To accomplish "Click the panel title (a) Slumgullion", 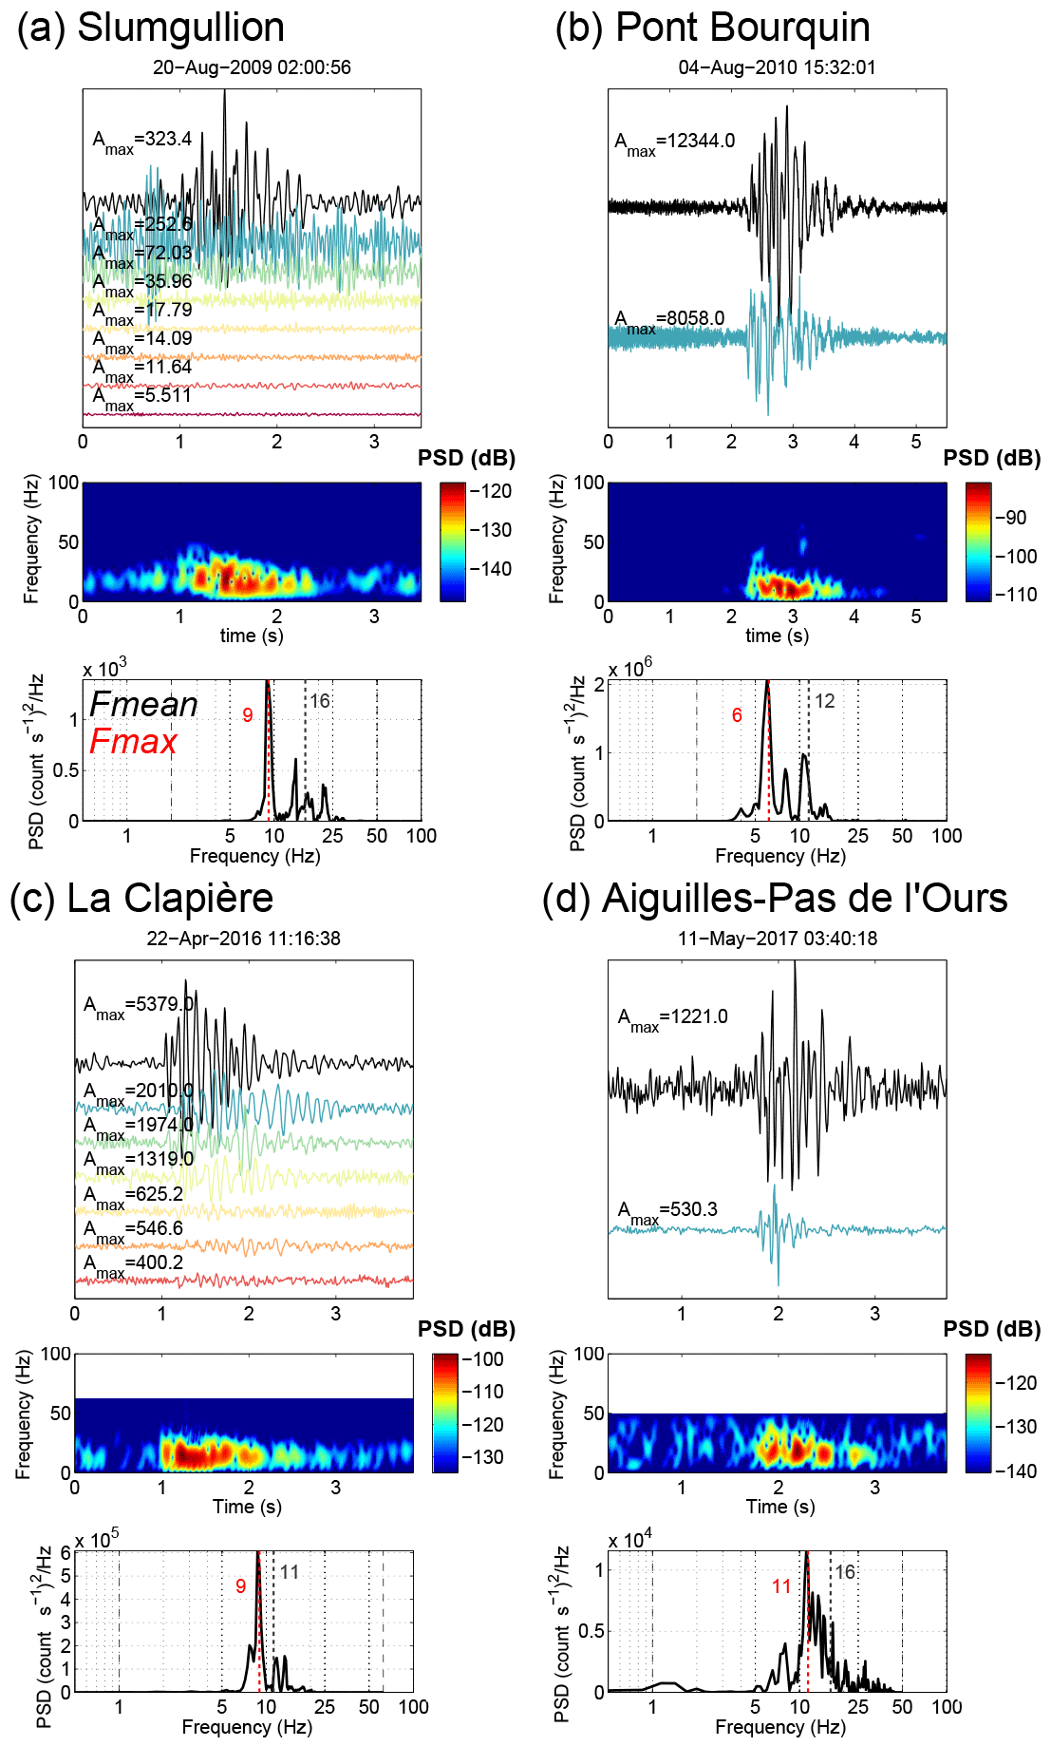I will (x=151, y=28).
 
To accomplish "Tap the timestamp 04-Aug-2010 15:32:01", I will (x=777, y=67).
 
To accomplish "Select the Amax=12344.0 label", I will (x=674, y=142).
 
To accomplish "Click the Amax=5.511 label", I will (x=142, y=397).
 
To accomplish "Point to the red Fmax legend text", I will (x=133, y=742).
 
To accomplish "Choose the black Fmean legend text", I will (x=143, y=705).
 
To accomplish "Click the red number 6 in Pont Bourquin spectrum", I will (x=737, y=715).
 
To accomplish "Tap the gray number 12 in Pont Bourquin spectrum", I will (x=825, y=701).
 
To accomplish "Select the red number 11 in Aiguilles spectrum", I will (x=781, y=1586).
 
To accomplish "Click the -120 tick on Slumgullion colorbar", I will (x=492, y=491).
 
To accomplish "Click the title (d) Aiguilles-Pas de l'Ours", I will (x=774, y=899).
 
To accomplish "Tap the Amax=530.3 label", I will (x=667, y=1211).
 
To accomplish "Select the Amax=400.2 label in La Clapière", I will (x=133, y=1264).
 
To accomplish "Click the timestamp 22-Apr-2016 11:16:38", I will (x=243, y=939).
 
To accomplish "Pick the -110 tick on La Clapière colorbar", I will (x=484, y=1392).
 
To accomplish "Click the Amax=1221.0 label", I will (x=672, y=1018).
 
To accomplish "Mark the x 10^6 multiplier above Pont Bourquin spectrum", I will (x=630, y=669).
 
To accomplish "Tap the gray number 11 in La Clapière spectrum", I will (x=290, y=1572).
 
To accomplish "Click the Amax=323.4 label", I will (x=142, y=141).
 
